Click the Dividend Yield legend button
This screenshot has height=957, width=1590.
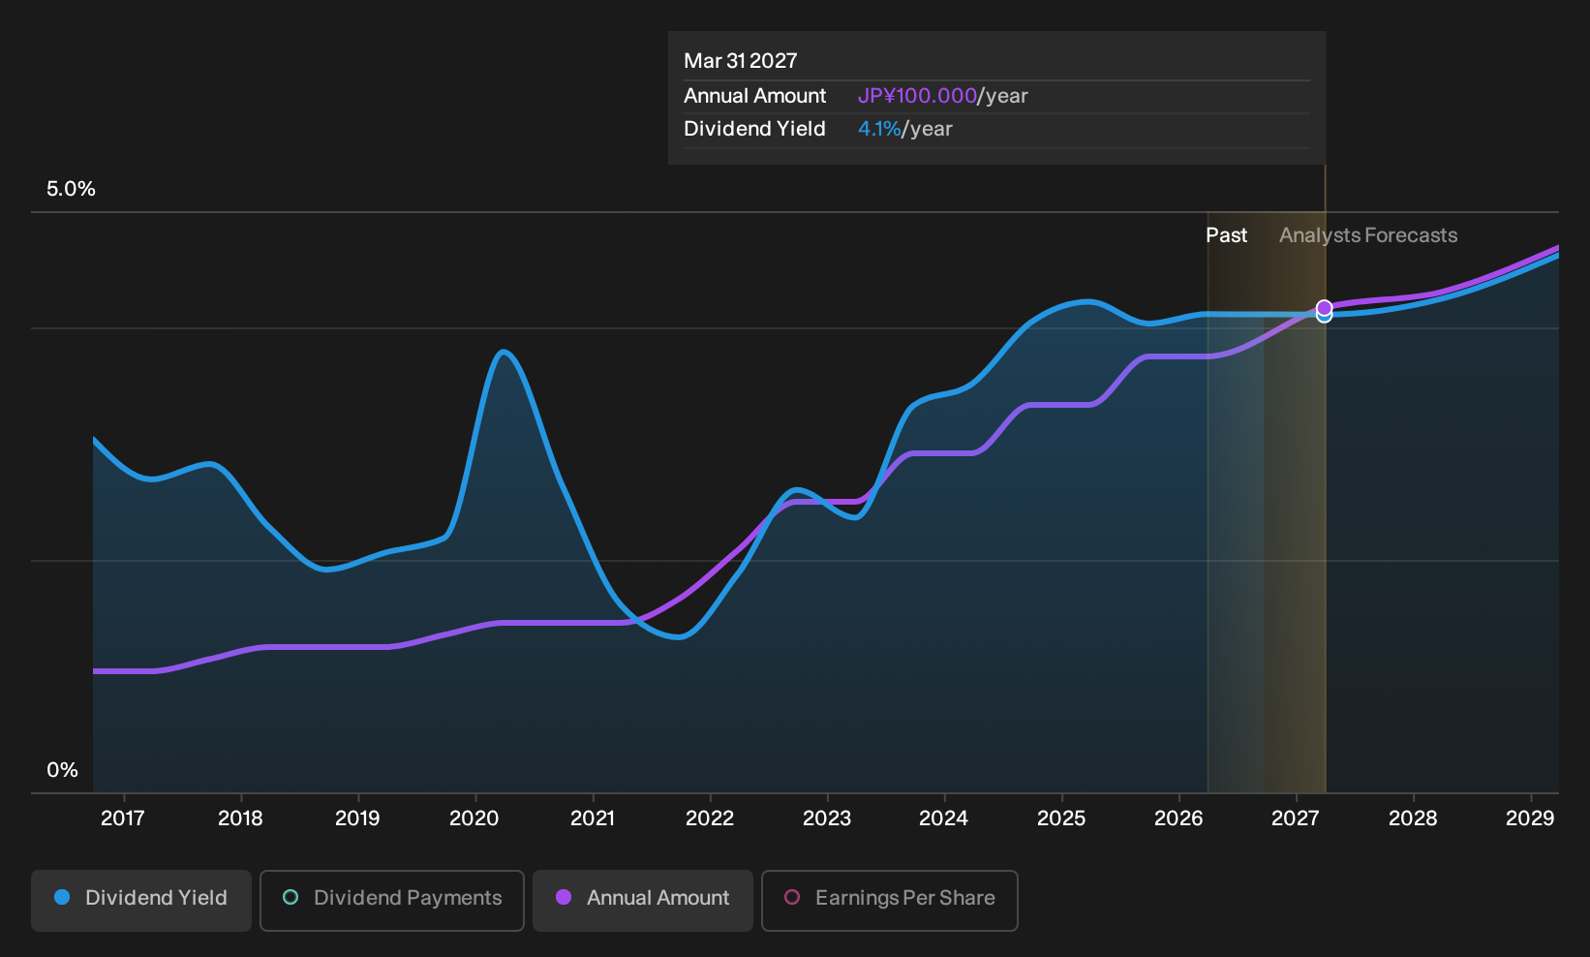(x=140, y=900)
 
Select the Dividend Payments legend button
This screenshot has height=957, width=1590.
(x=392, y=900)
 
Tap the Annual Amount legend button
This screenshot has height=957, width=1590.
(x=642, y=900)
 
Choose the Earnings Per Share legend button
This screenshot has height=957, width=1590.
(x=889, y=900)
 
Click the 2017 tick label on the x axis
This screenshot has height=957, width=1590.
(x=123, y=818)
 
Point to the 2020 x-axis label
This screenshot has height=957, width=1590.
(x=474, y=818)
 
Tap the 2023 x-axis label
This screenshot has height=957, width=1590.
(x=827, y=818)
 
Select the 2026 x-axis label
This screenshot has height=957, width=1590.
(x=1178, y=818)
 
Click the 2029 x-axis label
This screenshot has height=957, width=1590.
(x=1530, y=818)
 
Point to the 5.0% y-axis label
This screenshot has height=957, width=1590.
(x=71, y=189)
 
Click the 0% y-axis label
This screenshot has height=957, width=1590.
(x=63, y=770)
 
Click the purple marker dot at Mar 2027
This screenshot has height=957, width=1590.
(x=1324, y=307)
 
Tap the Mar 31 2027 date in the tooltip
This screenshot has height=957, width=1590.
(x=741, y=61)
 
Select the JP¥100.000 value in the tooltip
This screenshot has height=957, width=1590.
(x=917, y=96)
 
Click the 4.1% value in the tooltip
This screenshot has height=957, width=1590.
(x=879, y=129)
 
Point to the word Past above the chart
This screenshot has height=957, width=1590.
(x=1227, y=235)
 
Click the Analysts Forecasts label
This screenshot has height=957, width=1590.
(x=1368, y=235)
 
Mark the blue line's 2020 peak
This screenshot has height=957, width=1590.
(x=504, y=352)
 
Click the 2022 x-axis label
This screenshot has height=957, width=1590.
(x=709, y=818)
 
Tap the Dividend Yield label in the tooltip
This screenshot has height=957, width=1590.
(x=754, y=129)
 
